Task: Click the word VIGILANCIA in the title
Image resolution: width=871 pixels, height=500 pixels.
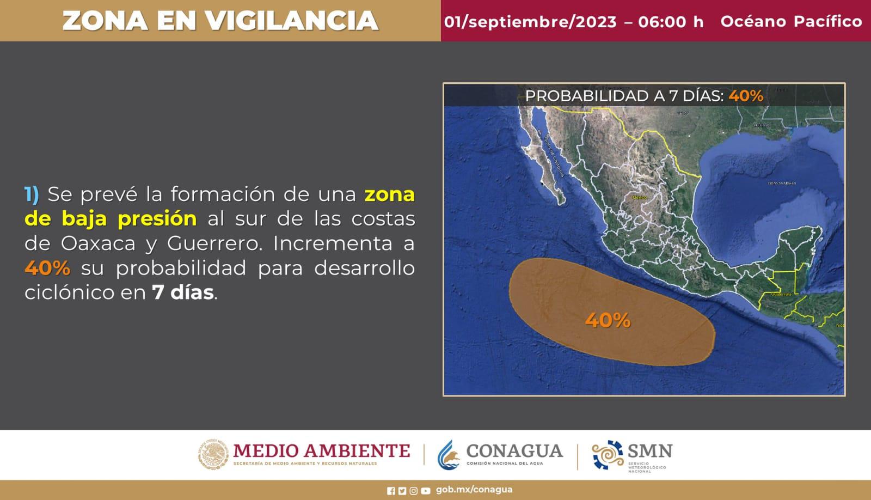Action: click(292, 21)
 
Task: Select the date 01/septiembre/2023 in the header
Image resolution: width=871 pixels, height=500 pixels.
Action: click(530, 22)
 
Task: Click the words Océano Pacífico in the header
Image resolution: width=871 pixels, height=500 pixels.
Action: click(791, 21)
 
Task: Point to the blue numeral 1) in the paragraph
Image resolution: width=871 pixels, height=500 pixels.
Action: click(32, 194)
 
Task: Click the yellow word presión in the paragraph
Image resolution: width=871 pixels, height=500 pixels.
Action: click(157, 219)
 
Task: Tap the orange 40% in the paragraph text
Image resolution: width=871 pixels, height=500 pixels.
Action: click(47, 268)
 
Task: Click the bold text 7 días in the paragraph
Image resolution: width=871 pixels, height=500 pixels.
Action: click(183, 292)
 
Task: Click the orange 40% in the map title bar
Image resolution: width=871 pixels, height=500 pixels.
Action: click(746, 96)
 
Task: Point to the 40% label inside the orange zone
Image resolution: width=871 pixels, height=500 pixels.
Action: click(608, 320)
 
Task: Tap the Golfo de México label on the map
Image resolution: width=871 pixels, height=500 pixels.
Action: click(782, 183)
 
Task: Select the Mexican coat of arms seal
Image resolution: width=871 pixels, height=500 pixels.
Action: click(213, 454)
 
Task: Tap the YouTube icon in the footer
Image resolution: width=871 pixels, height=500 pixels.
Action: click(425, 491)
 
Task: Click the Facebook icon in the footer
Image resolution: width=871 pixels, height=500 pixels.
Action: click(391, 491)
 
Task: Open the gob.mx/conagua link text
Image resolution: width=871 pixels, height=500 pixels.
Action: click(474, 490)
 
